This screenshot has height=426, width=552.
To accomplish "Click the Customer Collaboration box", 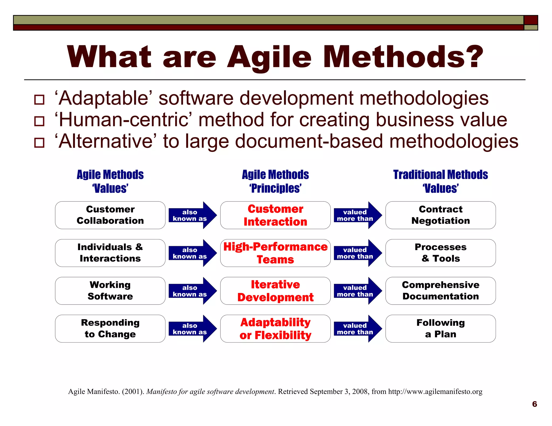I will tap(110, 215).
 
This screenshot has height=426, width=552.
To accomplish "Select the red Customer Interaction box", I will tap(275, 215).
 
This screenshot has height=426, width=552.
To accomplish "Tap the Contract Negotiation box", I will tap(440, 215).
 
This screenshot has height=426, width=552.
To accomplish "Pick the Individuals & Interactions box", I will tap(110, 253).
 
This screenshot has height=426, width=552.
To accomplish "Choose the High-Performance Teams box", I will tap(275, 253).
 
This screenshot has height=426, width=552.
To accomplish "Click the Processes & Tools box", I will tap(440, 253).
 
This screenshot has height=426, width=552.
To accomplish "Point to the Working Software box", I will tap(110, 291).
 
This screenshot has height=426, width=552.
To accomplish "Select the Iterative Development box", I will tap(275, 291).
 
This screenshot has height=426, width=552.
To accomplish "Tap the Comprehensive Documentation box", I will tap(440, 291).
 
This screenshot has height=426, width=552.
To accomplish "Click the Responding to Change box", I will tap(110, 329).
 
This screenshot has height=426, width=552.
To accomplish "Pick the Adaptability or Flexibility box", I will tap(275, 329).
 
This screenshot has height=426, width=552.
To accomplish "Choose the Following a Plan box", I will tap(440, 329).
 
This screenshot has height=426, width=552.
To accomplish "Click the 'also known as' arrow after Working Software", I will tap(192, 291).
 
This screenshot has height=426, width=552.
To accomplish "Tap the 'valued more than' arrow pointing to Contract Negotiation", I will tap(357, 215).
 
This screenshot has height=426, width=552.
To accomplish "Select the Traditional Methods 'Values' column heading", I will tap(440, 181).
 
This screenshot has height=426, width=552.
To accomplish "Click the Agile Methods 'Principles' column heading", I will tap(275, 181).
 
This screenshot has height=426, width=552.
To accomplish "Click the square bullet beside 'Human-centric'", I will tap(39, 121).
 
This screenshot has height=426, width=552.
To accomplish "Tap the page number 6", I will tap(534, 404).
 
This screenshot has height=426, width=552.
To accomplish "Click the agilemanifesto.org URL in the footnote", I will tap(435, 392).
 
